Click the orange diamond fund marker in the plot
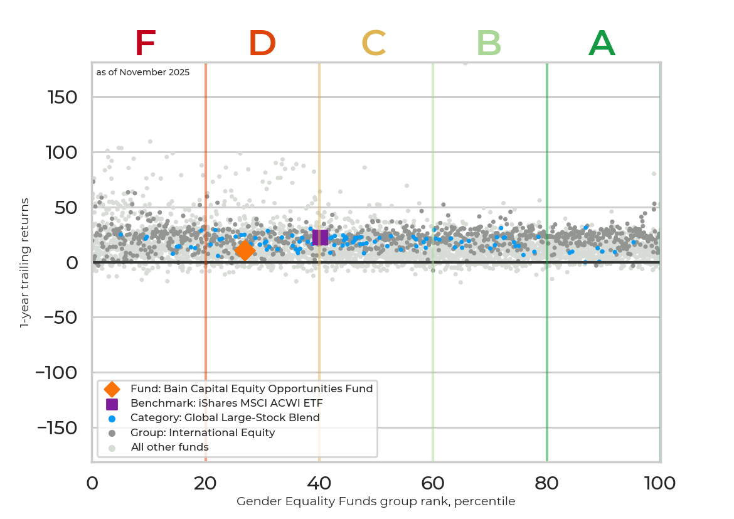coord(245,250)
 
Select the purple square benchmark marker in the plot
coord(320,237)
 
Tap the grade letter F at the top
coord(145,44)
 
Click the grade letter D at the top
coord(262,44)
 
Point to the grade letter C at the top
coord(373,44)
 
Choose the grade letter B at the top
coord(489,44)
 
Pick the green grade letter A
coord(602,44)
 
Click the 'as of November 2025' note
coord(143,72)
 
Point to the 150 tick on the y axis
coord(62,97)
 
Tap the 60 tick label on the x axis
coord(433,483)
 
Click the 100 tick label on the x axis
coord(660,483)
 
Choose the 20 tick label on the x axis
coord(205,483)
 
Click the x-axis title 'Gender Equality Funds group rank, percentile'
coord(376,501)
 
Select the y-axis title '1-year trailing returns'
coord(25,262)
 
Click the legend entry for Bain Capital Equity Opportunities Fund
coord(251,388)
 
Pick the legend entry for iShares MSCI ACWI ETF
coord(226,403)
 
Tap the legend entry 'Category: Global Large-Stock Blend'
coord(225,417)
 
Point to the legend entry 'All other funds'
coord(169,447)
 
